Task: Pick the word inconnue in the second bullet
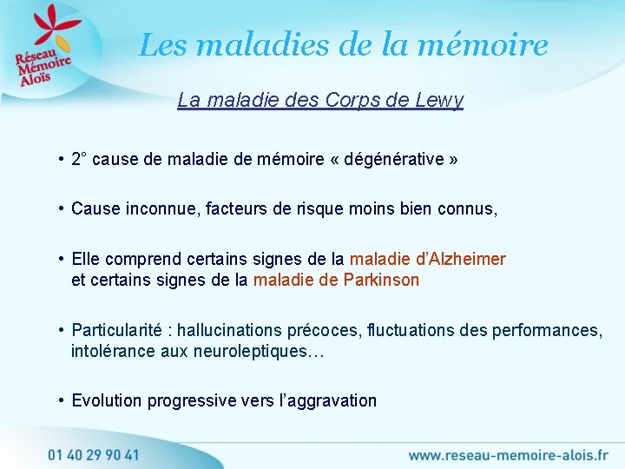pyautogui.click(x=155, y=208)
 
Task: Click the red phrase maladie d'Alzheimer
pyautogui.click(x=427, y=259)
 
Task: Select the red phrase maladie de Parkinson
pyautogui.click(x=336, y=280)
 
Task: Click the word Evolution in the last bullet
pyautogui.click(x=107, y=400)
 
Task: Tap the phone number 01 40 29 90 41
pyautogui.click(x=93, y=454)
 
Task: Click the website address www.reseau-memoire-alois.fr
pyautogui.click(x=509, y=454)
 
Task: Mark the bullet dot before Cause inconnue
pyautogui.click(x=62, y=208)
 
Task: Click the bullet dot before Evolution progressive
pyautogui.click(x=62, y=400)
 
